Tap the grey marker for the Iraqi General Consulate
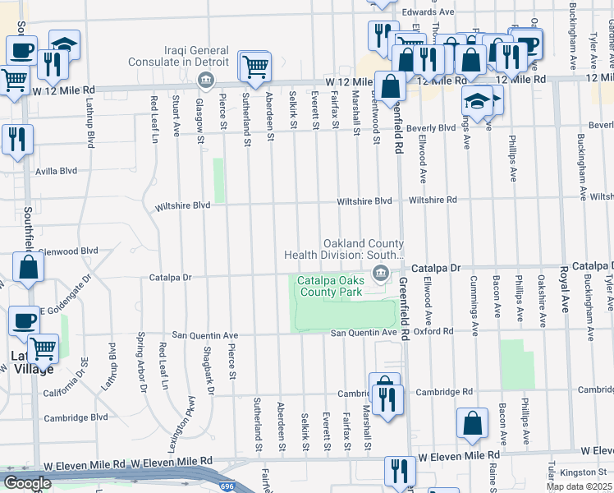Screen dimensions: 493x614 click(205, 81)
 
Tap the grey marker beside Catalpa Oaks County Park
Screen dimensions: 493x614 click(380, 274)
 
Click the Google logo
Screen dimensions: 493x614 click(27, 483)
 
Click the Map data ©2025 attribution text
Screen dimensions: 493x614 click(580, 486)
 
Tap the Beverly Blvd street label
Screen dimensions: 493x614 click(431, 128)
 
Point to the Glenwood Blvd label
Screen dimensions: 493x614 click(70, 251)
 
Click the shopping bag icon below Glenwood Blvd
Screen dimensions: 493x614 click(28, 268)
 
